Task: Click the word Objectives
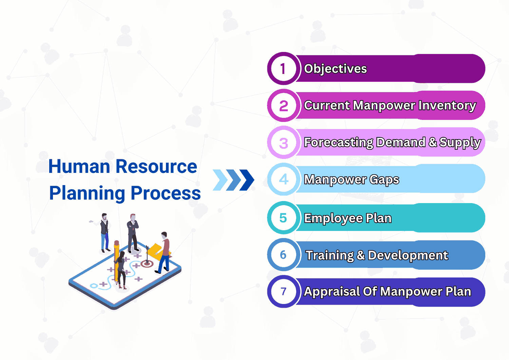335,69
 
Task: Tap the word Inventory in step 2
447,106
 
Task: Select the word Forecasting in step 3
339,143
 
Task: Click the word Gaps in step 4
384,180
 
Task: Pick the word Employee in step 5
334,218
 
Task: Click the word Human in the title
79,166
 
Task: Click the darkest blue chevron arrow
247,180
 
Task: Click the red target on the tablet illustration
147,264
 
